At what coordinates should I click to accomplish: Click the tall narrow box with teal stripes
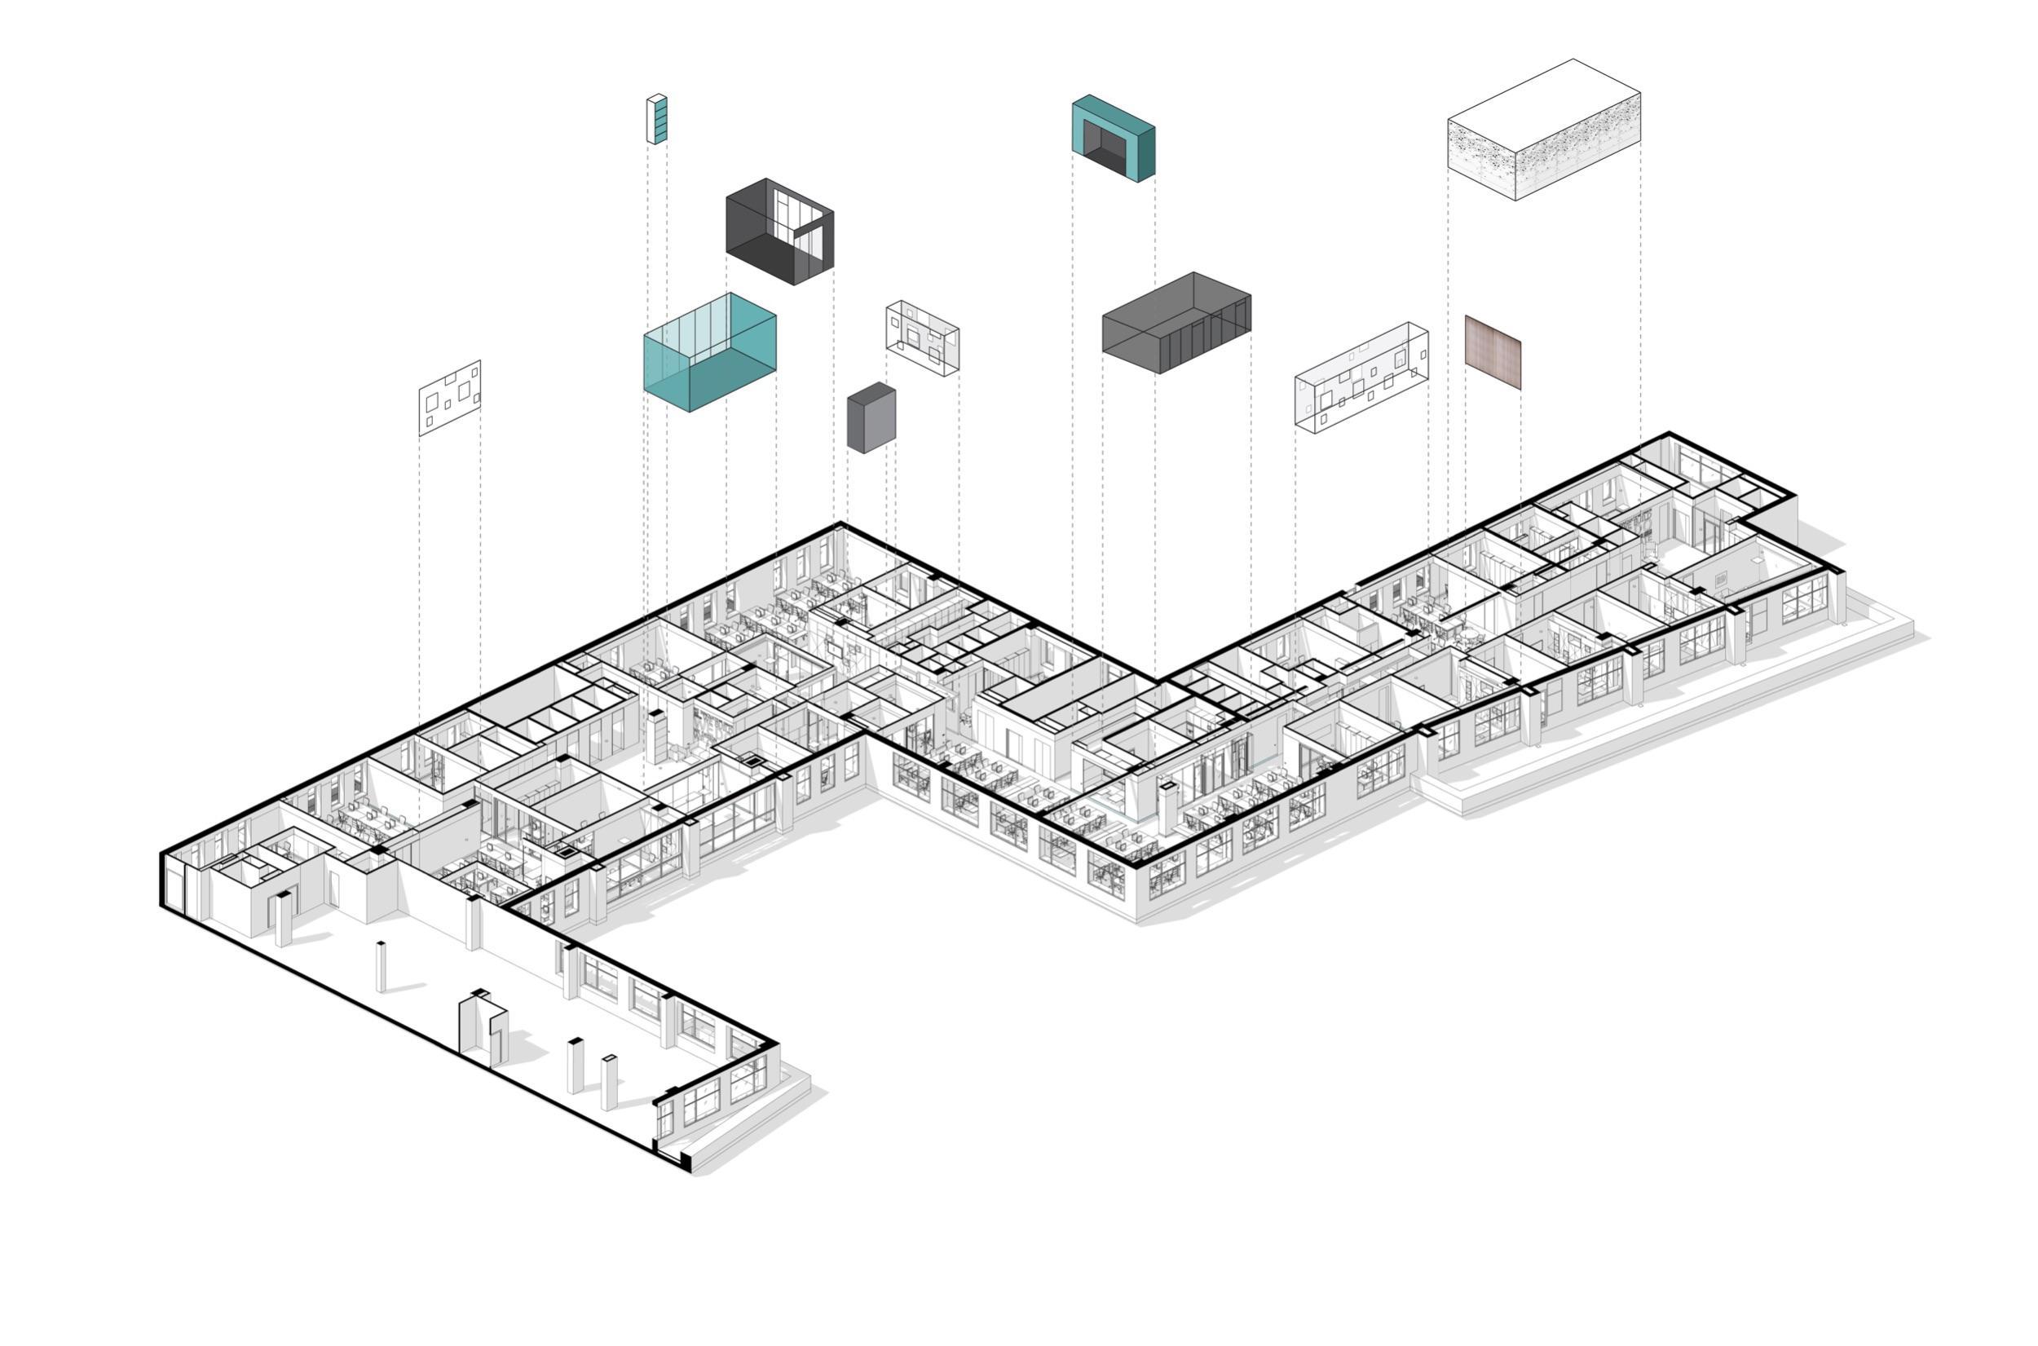[x=656, y=119]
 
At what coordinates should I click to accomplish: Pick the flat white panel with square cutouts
[x=450, y=398]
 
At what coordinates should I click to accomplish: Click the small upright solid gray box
[x=871, y=421]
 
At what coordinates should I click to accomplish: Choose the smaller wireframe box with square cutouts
[x=923, y=338]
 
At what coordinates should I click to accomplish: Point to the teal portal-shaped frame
[x=1113, y=137]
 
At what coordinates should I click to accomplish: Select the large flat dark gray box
[x=1176, y=323]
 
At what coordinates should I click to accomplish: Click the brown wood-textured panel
[x=1493, y=352]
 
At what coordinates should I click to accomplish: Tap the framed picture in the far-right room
[x=1722, y=580]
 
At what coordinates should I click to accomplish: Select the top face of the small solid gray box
[x=871, y=391]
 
